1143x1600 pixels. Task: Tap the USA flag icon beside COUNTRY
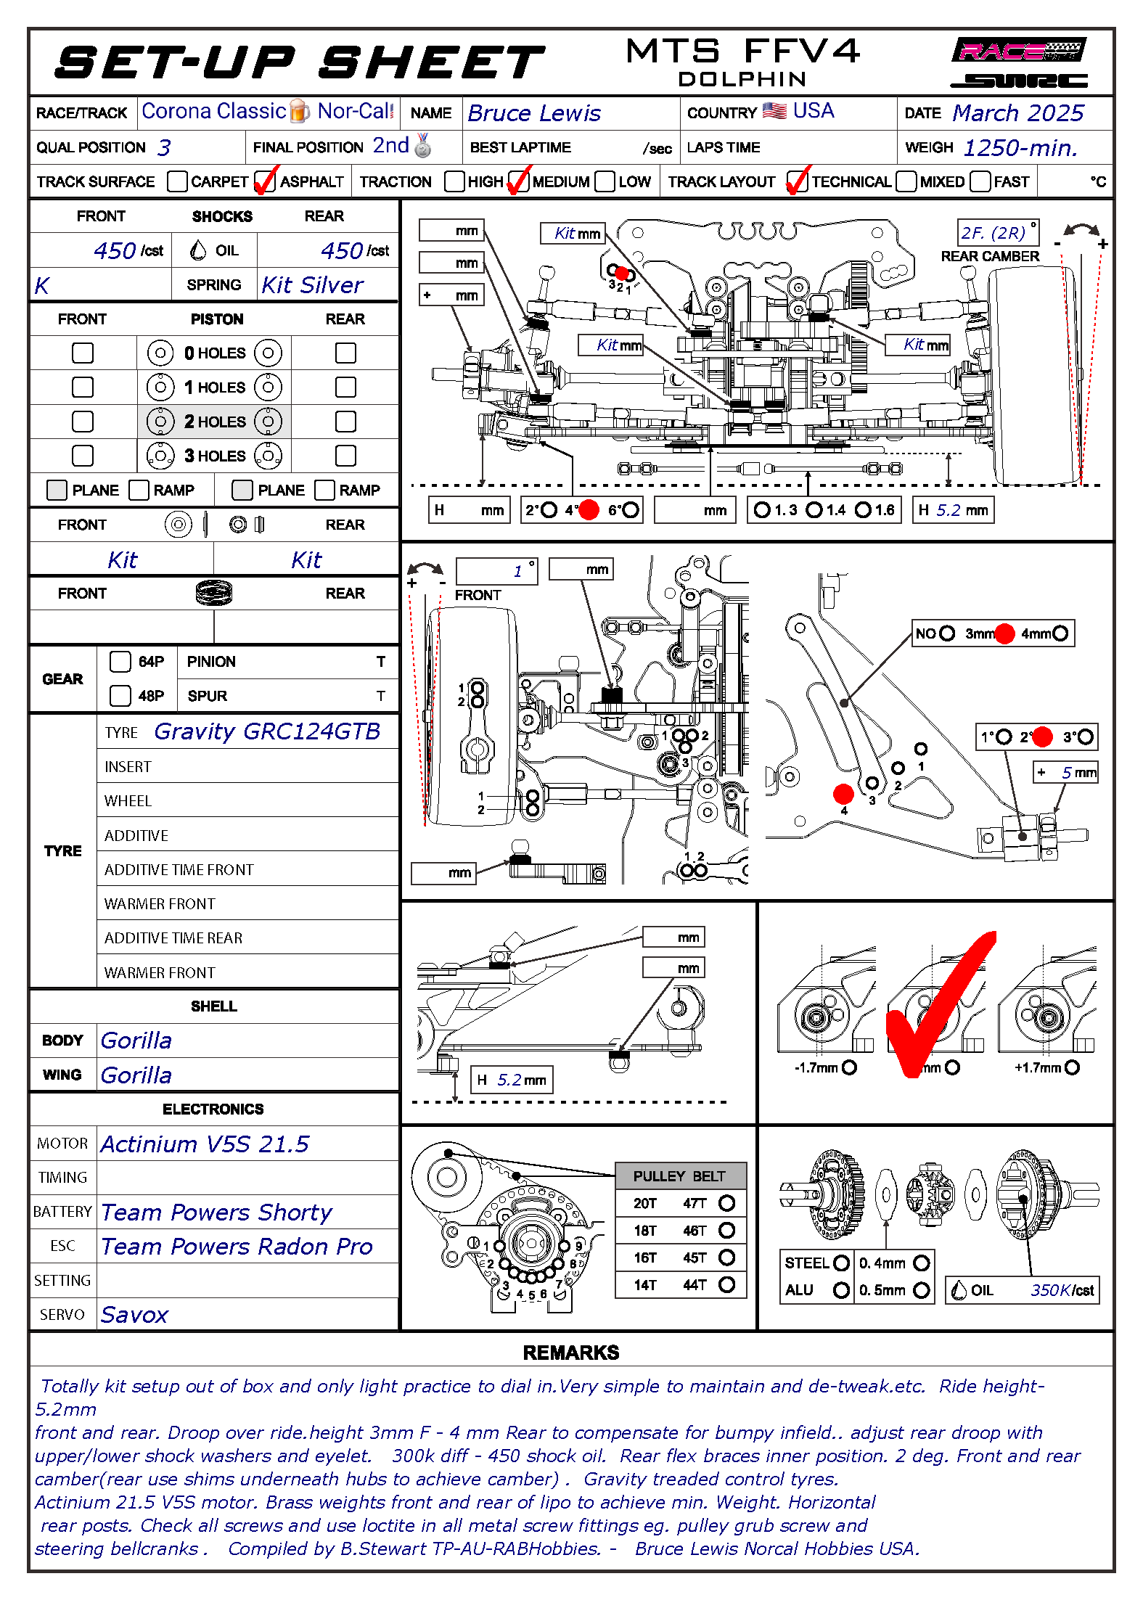(x=774, y=111)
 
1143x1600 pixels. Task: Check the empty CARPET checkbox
(x=177, y=181)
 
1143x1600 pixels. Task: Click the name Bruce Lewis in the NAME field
(x=534, y=113)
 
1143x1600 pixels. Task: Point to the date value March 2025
(x=1017, y=113)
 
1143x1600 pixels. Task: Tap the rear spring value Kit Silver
(x=312, y=285)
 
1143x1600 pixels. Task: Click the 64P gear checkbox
(x=120, y=662)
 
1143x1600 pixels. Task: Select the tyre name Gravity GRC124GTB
(x=267, y=731)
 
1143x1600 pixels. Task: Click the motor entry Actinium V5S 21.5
(x=205, y=1144)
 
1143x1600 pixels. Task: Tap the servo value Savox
(x=134, y=1315)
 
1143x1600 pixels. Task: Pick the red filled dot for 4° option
(x=589, y=510)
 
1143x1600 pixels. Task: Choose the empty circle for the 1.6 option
(x=863, y=510)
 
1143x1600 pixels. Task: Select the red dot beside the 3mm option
(x=1004, y=633)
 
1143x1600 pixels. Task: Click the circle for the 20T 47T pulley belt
(x=726, y=1203)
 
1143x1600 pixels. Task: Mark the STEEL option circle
(x=841, y=1263)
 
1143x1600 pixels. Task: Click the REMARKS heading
(x=571, y=1353)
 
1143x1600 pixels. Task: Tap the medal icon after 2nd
(x=423, y=146)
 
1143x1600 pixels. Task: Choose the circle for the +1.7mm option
(x=1072, y=1067)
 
